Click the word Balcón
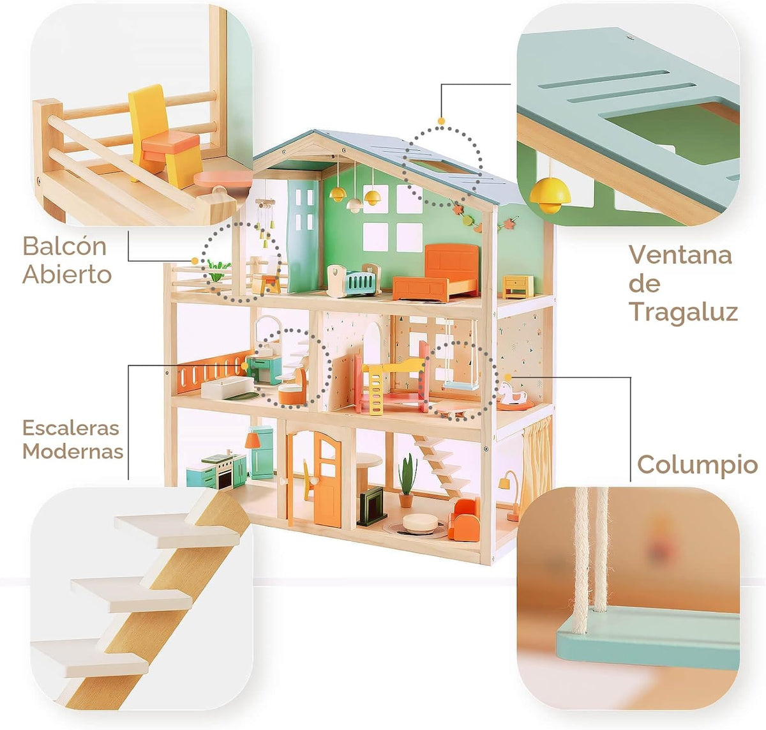coord(64,247)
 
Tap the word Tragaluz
coord(684,312)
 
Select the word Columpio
coord(698,465)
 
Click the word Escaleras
coord(70,428)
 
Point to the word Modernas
coord(73,451)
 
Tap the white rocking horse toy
coord(513,395)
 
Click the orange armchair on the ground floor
coord(465,519)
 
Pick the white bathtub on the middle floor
coord(227,386)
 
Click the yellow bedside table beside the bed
coord(518,287)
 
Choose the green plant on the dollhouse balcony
coord(218,270)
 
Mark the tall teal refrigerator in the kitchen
coord(261,452)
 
